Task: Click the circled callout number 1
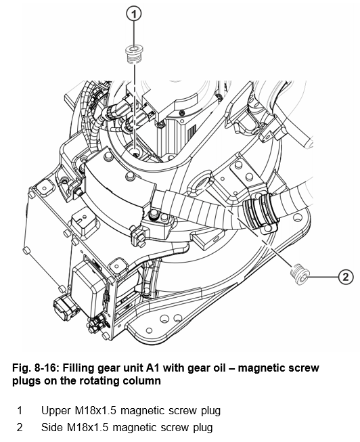(134, 14)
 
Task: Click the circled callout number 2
(346, 277)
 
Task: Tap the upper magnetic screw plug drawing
(133, 54)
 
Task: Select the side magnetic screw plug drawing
(300, 274)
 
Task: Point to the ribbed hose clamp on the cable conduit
(258, 211)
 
